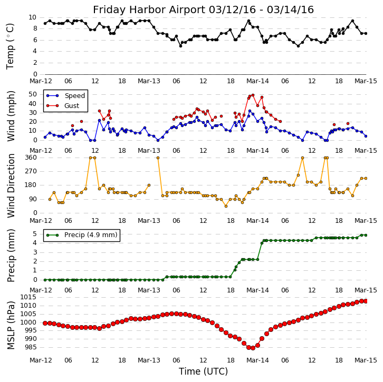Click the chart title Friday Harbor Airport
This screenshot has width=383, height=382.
203,9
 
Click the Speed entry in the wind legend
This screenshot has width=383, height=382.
74,96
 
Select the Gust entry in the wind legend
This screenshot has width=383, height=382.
71,106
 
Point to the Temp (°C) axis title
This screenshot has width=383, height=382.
11,46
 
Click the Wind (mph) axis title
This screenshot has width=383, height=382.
11,116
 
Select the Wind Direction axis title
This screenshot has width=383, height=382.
11,185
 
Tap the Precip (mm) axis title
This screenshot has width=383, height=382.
11,255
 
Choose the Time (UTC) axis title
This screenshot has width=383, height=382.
204,371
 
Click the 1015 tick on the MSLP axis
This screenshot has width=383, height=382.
28,297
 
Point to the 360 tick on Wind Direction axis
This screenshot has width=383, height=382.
30,158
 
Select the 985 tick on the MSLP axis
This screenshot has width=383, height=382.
30,347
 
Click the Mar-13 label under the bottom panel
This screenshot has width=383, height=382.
149,360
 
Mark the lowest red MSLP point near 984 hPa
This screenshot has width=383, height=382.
253,348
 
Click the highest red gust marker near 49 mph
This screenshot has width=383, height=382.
253,95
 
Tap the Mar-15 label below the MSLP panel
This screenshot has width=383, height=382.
366,360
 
